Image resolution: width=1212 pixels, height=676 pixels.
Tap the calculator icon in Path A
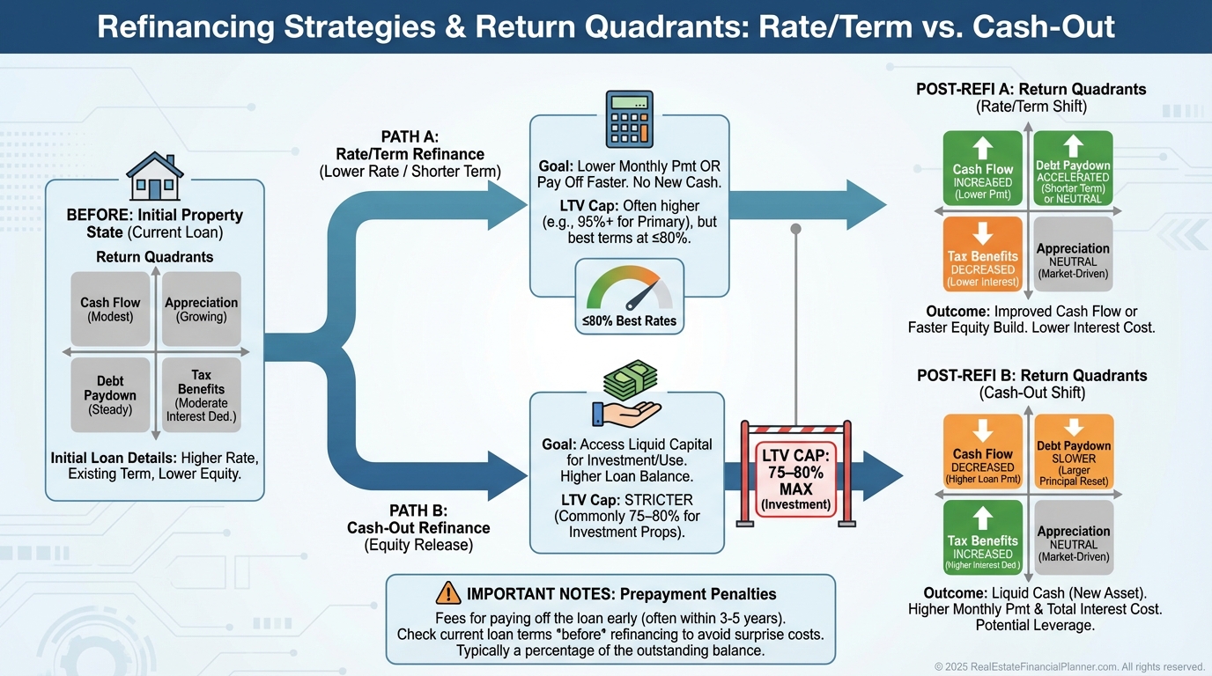tap(629, 120)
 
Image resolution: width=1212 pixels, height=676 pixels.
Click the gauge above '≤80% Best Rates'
tap(629, 286)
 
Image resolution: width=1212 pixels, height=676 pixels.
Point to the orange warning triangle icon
tap(448, 593)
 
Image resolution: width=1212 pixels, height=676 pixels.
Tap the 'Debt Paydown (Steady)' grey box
tap(110, 394)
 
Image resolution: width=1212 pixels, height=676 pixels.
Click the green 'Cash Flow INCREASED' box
tap(983, 169)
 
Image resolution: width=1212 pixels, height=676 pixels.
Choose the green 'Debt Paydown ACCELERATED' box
tap(1073, 169)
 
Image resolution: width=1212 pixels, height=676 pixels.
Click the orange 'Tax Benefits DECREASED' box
tap(983, 254)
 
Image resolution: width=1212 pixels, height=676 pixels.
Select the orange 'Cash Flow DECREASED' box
tap(983, 452)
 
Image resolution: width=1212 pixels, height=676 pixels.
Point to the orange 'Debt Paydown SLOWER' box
tap(1073, 452)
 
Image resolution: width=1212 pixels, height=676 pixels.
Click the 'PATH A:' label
tap(410, 136)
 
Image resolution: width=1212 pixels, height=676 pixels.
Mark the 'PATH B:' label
tap(418, 511)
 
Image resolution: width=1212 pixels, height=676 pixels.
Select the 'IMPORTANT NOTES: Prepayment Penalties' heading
tap(621, 593)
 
